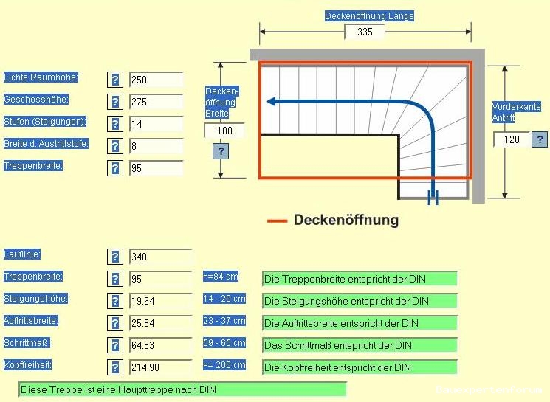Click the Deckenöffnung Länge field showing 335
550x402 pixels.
pyautogui.click(x=365, y=32)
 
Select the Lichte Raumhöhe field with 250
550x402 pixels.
pyautogui.click(x=156, y=80)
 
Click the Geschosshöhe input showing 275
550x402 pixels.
pyautogui.click(x=156, y=102)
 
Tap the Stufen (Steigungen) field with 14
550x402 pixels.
pyautogui.click(x=156, y=124)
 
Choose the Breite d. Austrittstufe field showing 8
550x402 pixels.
pyautogui.click(x=156, y=146)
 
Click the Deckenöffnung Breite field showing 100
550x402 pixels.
pyautogui.click(x=224, y=131)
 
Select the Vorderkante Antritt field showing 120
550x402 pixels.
pyautogui.click(x=512, y=139)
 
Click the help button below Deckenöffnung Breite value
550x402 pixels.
pyautogui.click(x=220, y=151)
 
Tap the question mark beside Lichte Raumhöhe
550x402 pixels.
pyautogui.click(x=115, y=80)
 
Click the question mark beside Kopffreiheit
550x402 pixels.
pyautogui.click(x=115, y=367)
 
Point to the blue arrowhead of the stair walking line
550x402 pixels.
pyautogui.click(x=272, y=102)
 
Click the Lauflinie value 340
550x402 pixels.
pyautogui.click(x=160, y=257)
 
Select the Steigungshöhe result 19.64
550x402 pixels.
pyautogui.click(x=160, y=301)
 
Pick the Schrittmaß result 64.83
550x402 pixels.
pyautogui.click(x=160, y=345)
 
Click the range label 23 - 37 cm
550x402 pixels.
pyautogui.click(x=224, y=321)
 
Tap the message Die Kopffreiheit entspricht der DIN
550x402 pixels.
pyautogui.click(x=360, y=367)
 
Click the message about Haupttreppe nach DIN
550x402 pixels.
pyautogui.click(x=182, y=389)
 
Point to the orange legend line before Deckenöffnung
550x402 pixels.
pyautogui.click(x=277, y=221)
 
